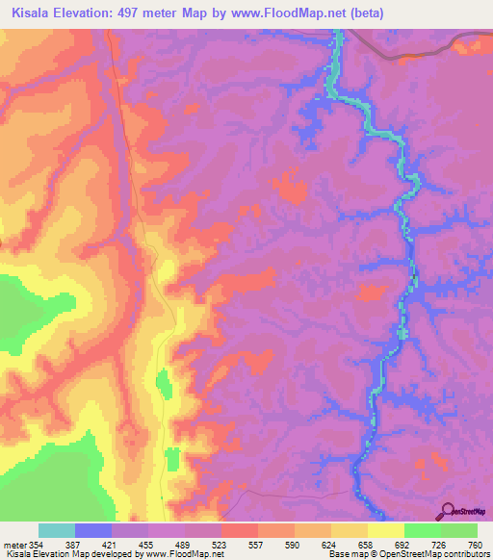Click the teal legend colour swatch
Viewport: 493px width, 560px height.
[57, 531]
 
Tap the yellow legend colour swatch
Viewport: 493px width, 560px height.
[385, 531]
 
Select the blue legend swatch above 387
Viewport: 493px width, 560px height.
[93, 531]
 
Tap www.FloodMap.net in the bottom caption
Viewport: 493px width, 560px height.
[187, 555]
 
